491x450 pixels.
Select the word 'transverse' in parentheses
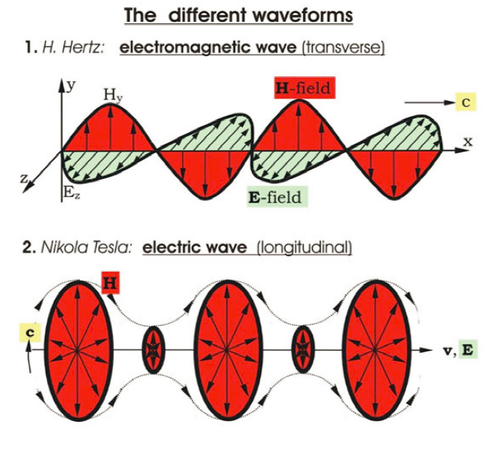(343, 47)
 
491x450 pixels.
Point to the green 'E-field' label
(274, 197)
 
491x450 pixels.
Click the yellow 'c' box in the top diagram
(465, 101)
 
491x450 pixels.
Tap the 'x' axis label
(468, 141)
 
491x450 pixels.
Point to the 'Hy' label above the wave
(112, 96)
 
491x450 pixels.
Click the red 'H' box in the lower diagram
(111, 283)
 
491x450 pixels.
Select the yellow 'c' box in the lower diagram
(29, 333)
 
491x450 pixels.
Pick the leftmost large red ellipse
(77, 350)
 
